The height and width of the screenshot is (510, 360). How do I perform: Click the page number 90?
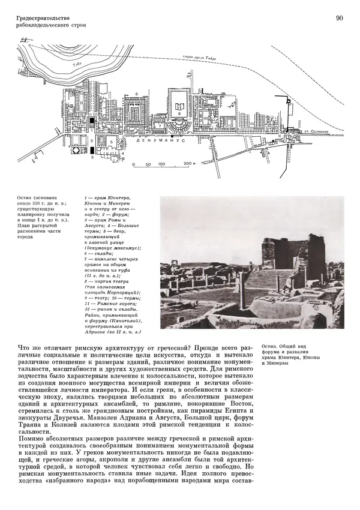pos(339,19)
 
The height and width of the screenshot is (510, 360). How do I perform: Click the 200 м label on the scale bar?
pos(190,163)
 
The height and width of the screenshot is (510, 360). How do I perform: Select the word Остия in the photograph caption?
pos(271,347)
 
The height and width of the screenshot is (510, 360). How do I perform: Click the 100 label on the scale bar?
pos(161,163)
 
